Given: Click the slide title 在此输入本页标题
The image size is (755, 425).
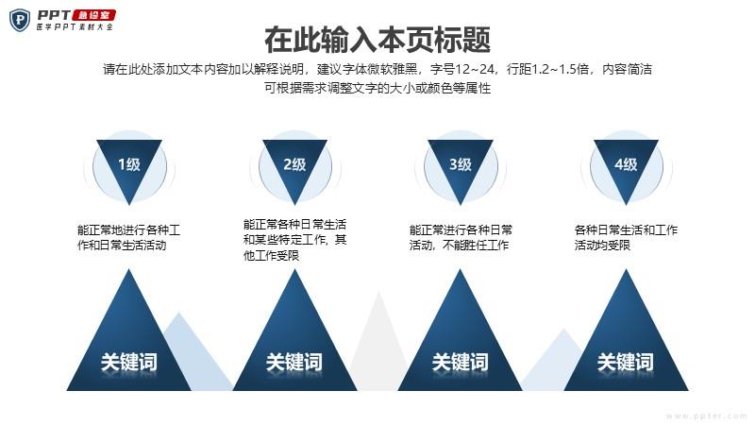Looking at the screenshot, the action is (377, 40).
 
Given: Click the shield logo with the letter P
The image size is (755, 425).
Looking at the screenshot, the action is (20, 20).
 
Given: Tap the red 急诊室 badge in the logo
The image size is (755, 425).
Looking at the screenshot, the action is (93, 15).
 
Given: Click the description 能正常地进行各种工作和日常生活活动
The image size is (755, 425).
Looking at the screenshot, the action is (128, 238).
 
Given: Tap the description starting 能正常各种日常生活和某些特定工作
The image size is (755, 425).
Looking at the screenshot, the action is (294, 240).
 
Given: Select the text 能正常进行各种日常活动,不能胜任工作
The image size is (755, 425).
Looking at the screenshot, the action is (461, 238).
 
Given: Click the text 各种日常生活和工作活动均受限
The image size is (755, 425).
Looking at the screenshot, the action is (626, 238).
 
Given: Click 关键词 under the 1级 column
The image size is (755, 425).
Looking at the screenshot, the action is (129, 362).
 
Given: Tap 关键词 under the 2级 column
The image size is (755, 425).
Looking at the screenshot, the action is (294, 362).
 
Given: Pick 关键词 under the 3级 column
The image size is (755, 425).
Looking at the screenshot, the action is (460, 362).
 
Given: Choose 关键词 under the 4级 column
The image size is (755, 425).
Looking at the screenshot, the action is (626, 362).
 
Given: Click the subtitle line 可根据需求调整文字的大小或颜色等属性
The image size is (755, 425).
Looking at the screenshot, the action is (377, 88).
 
